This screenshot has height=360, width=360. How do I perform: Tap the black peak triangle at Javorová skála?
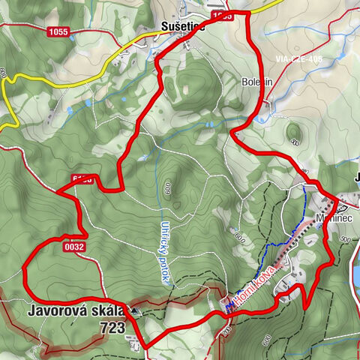[134, 309]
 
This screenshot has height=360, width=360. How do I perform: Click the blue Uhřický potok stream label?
[164, 251]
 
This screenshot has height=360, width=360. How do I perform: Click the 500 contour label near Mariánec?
[344, 239]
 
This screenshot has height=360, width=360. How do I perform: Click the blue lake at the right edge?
[355, 262]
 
